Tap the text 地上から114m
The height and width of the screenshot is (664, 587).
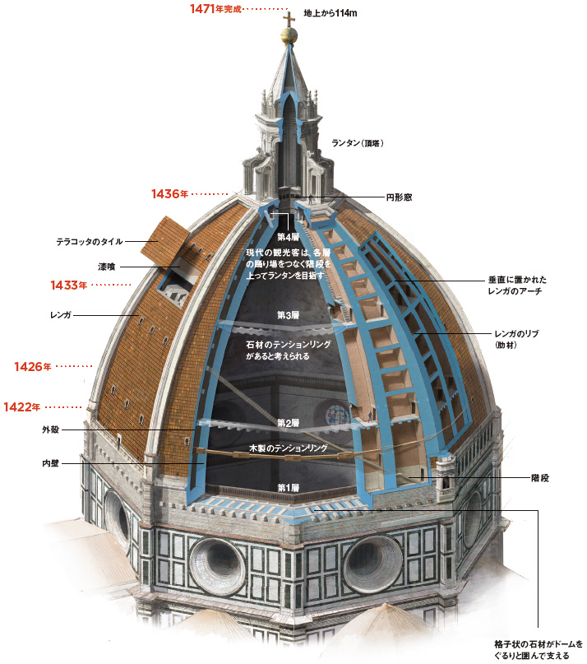click(337, 14)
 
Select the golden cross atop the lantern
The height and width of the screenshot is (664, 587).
click(288, 19)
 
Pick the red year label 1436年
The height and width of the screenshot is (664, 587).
click(170, 194)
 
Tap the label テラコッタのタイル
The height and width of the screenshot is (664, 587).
click(89, 242)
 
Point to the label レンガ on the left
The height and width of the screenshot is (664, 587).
click(62, 314)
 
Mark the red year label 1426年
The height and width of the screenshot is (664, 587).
click(32, 366)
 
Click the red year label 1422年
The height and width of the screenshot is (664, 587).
click(22, 406)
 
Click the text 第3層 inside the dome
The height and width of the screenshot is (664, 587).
click(288, 315)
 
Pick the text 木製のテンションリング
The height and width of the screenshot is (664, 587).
click(288, 449)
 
